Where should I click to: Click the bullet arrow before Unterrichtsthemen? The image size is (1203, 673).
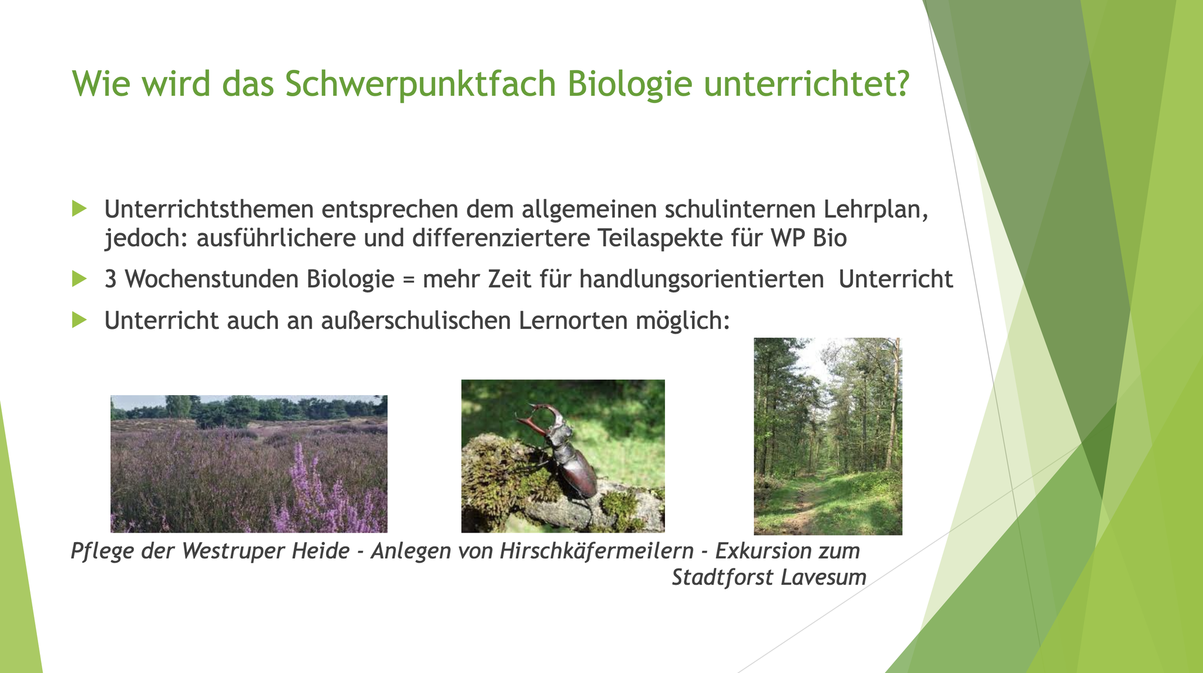point(79,208)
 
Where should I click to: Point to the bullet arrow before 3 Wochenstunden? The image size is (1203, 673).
point(79,278)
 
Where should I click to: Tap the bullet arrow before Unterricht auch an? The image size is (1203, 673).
point(79,320)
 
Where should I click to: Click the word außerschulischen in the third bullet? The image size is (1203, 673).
point(416,321)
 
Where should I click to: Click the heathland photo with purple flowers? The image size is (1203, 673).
point(249,464)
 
